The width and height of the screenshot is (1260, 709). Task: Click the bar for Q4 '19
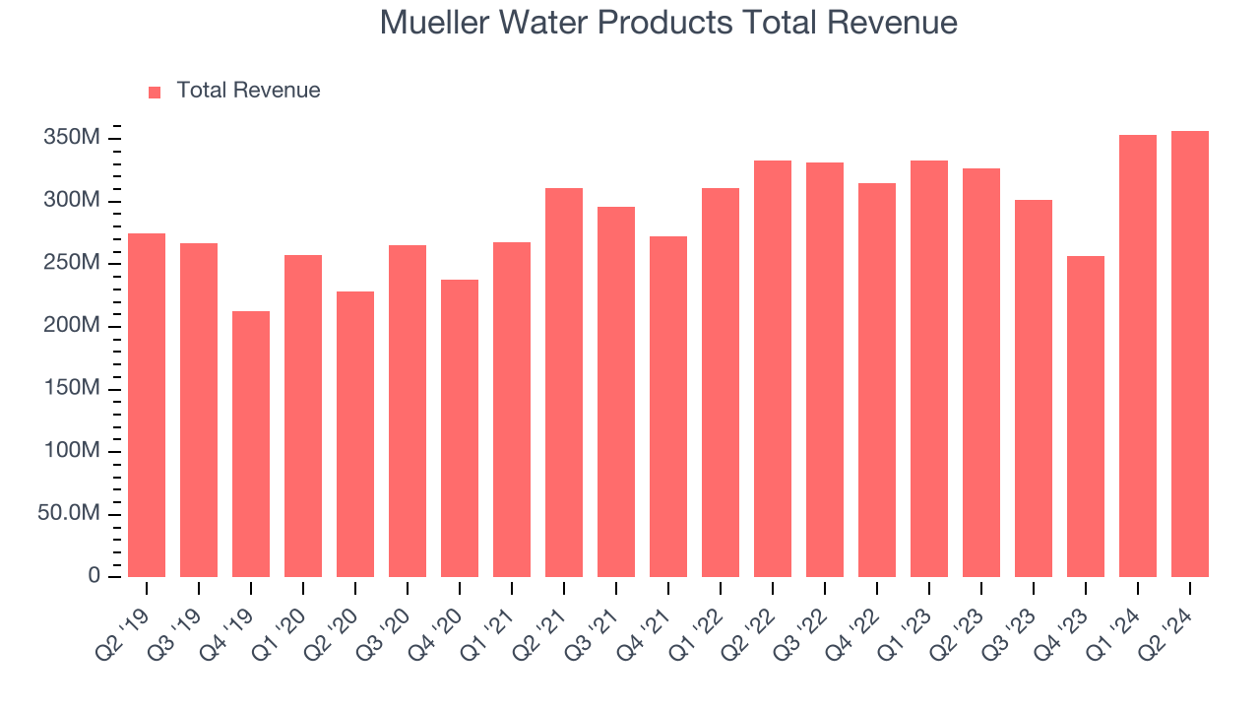pyautogui.click(x=251, y=444)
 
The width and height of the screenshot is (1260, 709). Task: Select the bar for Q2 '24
pyautogui.click(x=1190, y=354)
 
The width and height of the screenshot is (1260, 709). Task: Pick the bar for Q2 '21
pyautogui.click(x=564, y=383)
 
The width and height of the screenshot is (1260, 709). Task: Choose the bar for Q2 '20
pyautogui.click(x=355, y=434)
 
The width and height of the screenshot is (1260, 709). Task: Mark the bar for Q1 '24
pyautogui.click(x=1138, y=356)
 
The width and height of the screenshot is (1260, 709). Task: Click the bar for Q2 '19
pyautogui.click(x=147, y=406)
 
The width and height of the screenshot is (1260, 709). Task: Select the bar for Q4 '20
pyautogui.click(x=460, y=428)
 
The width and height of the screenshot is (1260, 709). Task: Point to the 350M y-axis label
pyautogui.click(x=72, y=138)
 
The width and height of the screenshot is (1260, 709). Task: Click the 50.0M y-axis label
pyautogui.click(x=70, y=514)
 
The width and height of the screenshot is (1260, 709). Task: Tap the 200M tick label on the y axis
pyautogui.click(x=72, y=326)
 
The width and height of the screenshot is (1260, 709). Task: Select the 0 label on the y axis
pyautogui.click(x=94, y=576)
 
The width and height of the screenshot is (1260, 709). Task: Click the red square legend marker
pyautogui.click(x=155, y=92)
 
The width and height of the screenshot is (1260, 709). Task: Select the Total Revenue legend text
pyautogui.click(x=248, y=91)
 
